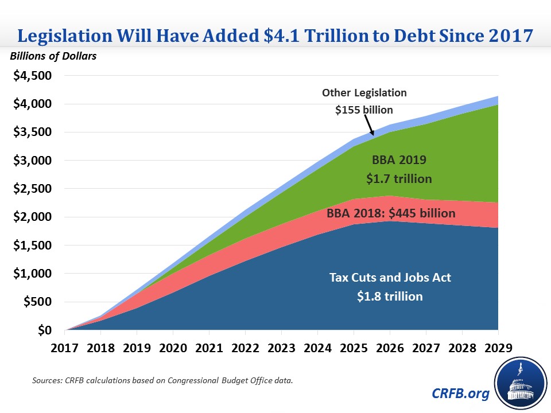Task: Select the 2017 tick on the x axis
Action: pyautogui.click(x=65, y=348)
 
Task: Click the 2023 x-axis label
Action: pyautogui.click(x=281, y=348)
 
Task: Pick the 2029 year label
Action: pyautogui.click(x=498, y=348)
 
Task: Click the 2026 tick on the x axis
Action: pyautogui.click(x=390, y=348)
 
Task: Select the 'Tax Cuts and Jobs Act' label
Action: pyautogui.click(x=390, y=278)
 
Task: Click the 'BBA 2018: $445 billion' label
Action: pyautogui.click(x=391, y=214)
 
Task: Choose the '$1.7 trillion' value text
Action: pyautogui.click(x=399, y=179)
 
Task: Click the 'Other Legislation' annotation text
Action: pyautogui.click(x=364, y=92)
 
